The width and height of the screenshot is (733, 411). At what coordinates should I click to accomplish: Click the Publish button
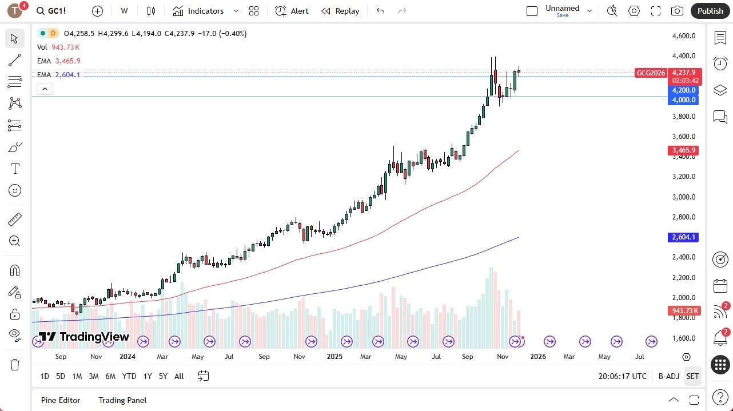[710, 11]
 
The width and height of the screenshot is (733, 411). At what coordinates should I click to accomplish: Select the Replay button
[340, 11]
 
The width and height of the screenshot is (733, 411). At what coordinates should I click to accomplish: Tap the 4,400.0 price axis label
[684, 56]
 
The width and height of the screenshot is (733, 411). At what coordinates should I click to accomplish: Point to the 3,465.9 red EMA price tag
[683, 150]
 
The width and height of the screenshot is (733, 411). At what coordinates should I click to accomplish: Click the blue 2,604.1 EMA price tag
[683, 237]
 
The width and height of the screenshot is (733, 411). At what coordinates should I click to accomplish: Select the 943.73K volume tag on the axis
[683, 311]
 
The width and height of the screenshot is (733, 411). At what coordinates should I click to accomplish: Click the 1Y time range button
[148, 376]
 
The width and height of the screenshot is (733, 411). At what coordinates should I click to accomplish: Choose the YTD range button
[129, 376]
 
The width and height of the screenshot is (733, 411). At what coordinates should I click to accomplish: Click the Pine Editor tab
[61, 400]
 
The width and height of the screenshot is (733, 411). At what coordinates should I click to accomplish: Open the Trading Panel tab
[122, 400]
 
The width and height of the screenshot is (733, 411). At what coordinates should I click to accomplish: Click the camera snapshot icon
[677, 11]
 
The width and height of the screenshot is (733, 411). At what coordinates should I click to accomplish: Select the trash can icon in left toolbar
[15, 364]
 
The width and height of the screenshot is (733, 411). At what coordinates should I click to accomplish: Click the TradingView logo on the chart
[85, 337]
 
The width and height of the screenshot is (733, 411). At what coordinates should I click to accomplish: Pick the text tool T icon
[15, 169]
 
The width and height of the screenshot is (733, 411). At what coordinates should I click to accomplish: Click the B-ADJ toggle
[668, 376]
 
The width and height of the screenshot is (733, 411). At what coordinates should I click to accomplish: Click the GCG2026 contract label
[651, 73]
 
